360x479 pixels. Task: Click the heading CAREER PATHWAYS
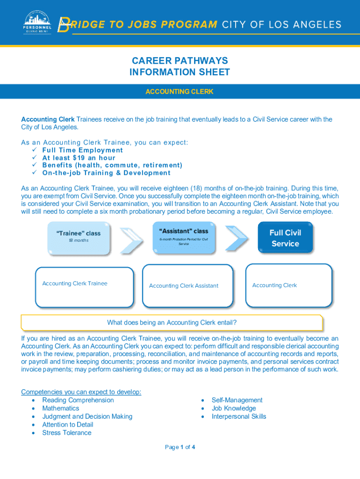click(x=180, y=61)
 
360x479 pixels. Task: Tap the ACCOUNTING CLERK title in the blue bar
click(x=180, y=92)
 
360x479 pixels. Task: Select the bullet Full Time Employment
click(x=82, y=150)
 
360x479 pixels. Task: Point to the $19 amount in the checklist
click(x=78, y=158)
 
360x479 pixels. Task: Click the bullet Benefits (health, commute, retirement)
click(x=112, y=165)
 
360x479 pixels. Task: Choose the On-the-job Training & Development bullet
click(x=106, y=173)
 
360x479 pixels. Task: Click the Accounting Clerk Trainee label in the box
click(x=74, y=283)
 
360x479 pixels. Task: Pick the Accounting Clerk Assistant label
click(x=183, y=286)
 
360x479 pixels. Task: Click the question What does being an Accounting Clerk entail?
click(x=172, y=322)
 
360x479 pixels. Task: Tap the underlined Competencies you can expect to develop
click(x=81, y=392)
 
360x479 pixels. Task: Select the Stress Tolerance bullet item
click(x=67, y=433)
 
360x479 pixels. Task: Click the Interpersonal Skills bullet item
click(x=238, y=416)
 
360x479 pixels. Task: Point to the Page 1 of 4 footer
click(x=180, y=447)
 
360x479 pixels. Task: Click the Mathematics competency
click(x=61, y=408)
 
